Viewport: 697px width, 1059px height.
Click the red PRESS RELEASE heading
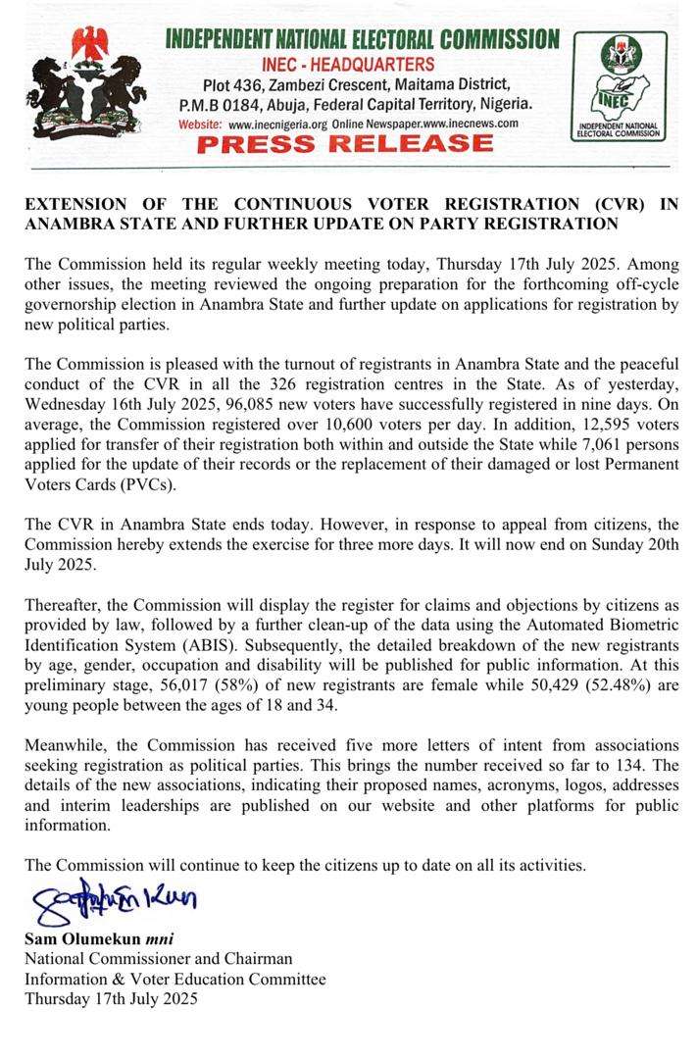344,145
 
